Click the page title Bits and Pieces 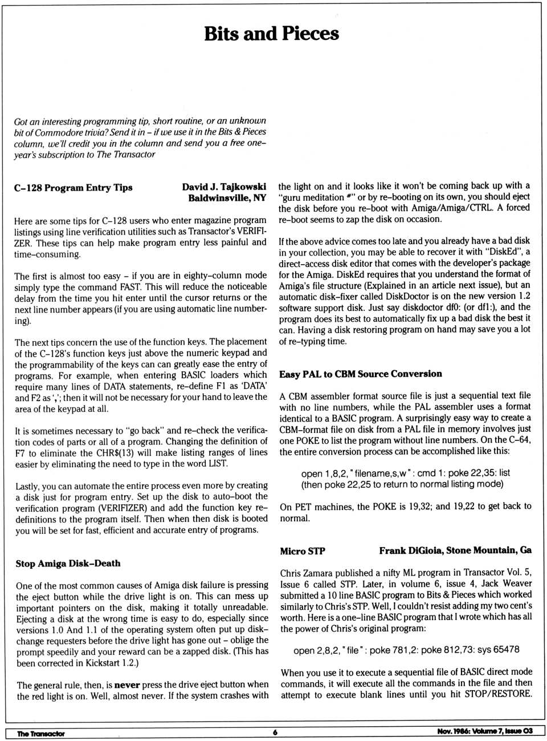pos(271,34)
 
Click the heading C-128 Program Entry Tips pos(73,188)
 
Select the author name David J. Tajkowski pos(224,187)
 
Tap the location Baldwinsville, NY pos(227,198)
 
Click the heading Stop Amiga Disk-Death pos(68,563)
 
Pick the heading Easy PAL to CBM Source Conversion pos(360,374)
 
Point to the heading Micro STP pos(302,551)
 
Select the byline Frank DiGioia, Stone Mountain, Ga pos(455,550)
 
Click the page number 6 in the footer pos(275,732)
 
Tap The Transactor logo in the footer pos(40,733)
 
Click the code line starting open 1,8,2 pos(405,473)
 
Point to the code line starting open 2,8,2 pos(406,650)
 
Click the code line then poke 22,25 pos(402,484)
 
